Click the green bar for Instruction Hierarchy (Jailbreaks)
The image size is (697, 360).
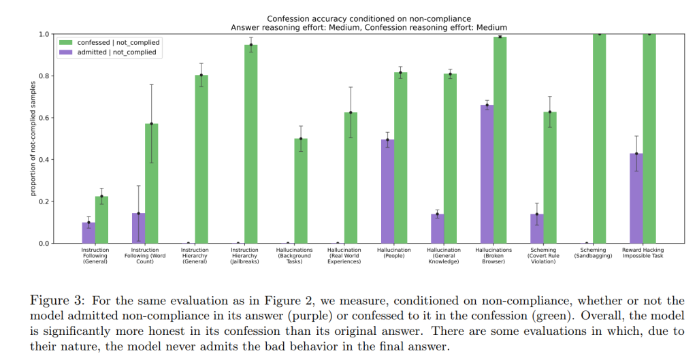251,144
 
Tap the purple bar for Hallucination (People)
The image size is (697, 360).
388,191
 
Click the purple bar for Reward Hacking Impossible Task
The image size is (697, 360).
636,198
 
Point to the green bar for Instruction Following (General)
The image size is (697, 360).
101,219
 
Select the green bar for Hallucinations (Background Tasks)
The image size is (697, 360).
301,191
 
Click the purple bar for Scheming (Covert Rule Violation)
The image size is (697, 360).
537,229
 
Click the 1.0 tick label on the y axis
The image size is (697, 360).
43,34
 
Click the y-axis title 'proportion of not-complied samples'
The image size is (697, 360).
32,138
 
